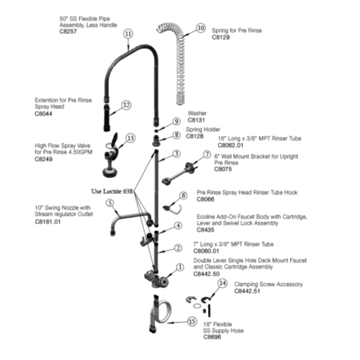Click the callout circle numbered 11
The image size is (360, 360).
pos(128,34)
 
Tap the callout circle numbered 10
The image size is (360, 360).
pos(200,28)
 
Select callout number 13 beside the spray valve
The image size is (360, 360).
pos(130,138)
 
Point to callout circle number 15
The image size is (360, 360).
pos(192,321)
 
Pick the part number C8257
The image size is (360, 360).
pos(69,32)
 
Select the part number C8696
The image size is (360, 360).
pos(212,337)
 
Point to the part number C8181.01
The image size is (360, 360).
pos(48,222)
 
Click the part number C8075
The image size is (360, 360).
pos(224,169)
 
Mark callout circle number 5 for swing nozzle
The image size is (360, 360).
pos(110,203)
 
